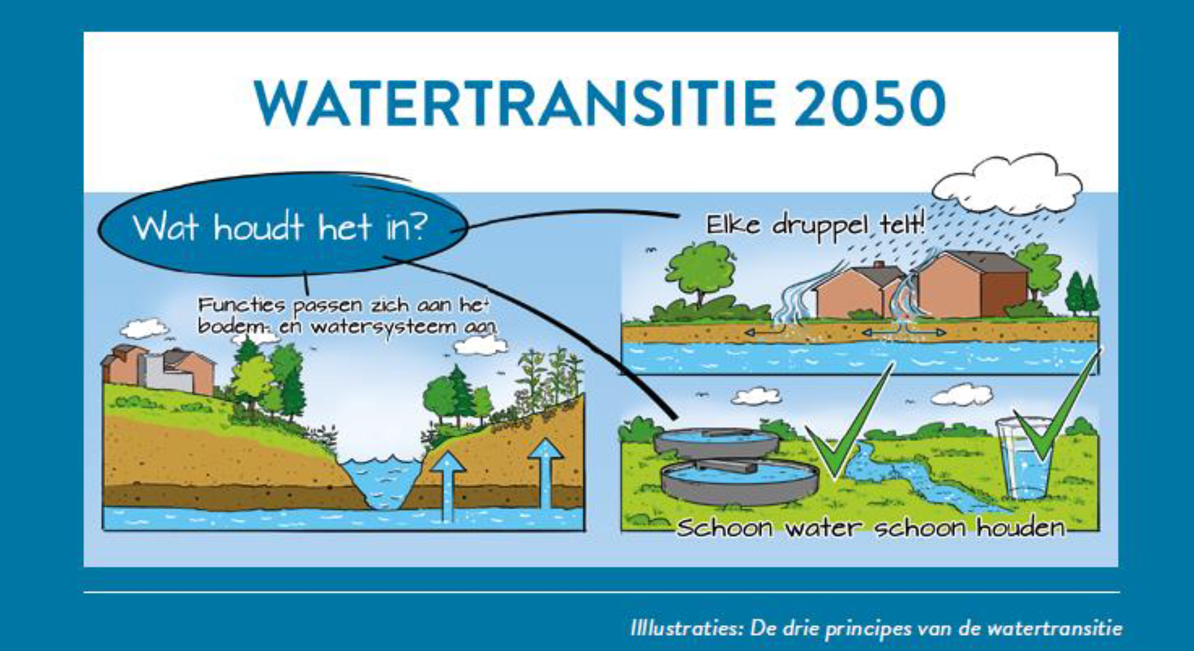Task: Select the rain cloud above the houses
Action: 1007,184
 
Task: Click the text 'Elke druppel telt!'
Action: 816,225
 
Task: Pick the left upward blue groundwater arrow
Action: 448,485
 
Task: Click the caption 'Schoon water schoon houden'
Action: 870,528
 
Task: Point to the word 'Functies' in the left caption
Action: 242,305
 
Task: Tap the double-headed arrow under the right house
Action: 904,332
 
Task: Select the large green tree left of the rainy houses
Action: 699,277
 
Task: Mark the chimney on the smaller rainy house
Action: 878,265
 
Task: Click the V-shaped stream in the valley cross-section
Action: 382,482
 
